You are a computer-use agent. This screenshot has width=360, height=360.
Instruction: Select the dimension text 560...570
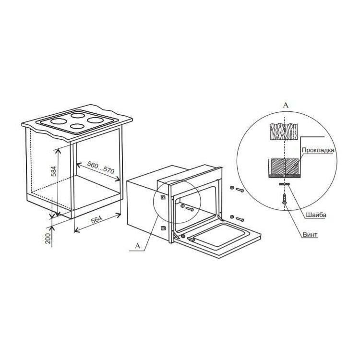101,167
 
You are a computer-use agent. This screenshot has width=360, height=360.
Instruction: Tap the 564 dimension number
96,219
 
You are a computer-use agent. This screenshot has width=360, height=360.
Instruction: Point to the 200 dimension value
48,238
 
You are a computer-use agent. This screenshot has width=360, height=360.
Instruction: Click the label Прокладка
318,150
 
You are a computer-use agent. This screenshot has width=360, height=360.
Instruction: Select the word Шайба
316,215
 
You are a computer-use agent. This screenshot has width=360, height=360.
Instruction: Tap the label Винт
310,235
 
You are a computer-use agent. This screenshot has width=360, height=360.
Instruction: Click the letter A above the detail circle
286,105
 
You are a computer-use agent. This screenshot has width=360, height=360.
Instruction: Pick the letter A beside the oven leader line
138,246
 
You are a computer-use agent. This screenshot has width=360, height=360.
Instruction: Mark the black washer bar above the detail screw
284,184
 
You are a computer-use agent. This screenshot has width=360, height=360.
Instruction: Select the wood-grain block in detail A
285,132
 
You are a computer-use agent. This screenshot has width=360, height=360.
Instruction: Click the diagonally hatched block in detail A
285,166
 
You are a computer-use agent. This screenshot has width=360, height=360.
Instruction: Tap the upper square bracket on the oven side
163,197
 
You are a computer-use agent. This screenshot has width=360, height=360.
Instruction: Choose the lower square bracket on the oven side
163,228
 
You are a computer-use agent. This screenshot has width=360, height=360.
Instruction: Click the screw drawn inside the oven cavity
187,207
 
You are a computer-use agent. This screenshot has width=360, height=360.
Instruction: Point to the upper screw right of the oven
237,189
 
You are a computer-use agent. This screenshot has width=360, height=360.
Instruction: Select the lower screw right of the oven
237,218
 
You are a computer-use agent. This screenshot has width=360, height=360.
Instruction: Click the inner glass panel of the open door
218,235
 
